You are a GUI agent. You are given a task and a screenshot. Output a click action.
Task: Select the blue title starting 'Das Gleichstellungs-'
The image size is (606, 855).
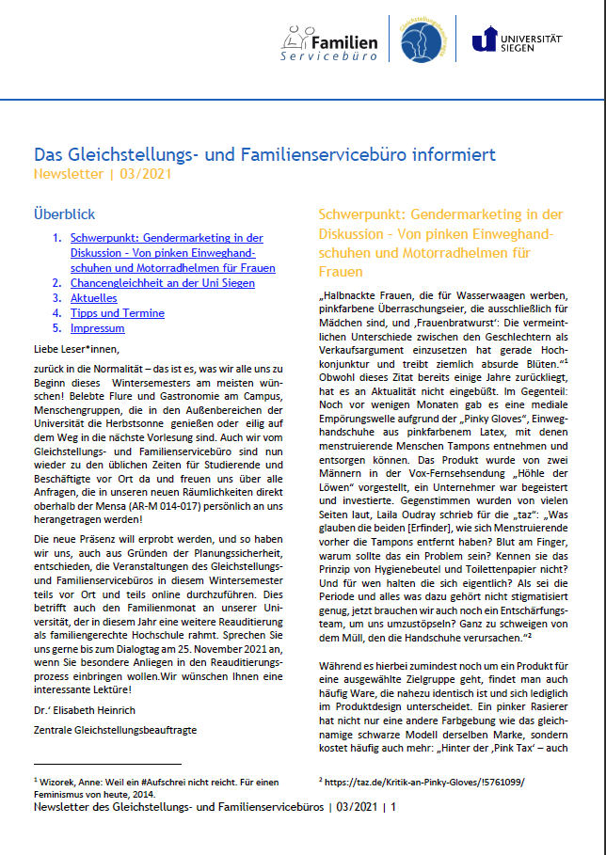(264, 153)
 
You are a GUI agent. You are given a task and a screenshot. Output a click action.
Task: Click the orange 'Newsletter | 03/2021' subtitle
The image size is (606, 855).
(104, 174)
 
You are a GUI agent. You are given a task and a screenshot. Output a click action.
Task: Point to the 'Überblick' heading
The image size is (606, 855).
(64, 214)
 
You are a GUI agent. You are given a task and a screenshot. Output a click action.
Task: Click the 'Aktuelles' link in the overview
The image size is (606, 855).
(93, 298)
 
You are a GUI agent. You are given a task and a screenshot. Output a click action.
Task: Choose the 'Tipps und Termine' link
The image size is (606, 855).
(114, 313)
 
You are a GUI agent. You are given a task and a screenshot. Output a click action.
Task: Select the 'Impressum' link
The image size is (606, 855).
(97, 328)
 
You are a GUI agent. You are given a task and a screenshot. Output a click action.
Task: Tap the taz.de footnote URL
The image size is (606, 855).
(424, 780)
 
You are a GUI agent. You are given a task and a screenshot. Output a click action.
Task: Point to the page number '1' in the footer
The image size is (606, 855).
(394, 807)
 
